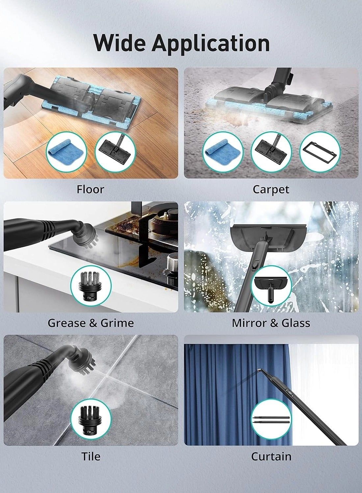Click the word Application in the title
pyautogui.click(x=211, y=43)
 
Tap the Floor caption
pyautogui.click(x=90, y=189)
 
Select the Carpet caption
pyautogui.click(x=271, y=189)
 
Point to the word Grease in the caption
pyautogui.click(x=66, y=323)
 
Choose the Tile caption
pyautogui.click(x=90, y=456)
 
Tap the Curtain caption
pyautogui.click(x=271, y=456)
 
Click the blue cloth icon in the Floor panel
pyautogui.click(x=66, y=152)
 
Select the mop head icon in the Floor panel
pyautogui.click(x=115, y=152)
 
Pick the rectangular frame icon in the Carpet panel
pyautogui.click(x=320, y=152)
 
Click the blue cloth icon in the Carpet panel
pyautogui.click(x=222, y=152)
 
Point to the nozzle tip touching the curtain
pyautogui.click(x=259, y=371)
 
